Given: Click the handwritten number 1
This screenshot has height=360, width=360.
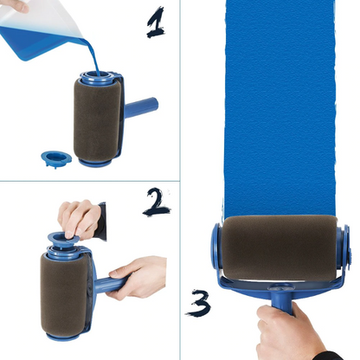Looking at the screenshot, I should click(156, 22).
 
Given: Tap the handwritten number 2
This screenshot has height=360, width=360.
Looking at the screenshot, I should click(157, 202).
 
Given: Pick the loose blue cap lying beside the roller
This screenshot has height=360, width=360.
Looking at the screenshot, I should click(56, 159).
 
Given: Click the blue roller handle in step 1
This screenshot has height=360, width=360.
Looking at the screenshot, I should click(143, 109).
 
